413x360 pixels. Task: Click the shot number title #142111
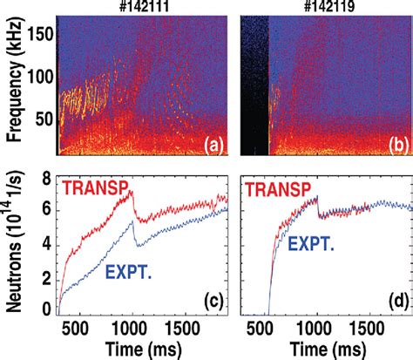[x=140, y=7]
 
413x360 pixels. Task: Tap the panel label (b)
[x=391, y=142]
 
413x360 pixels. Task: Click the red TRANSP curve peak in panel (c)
[x=132, y=193]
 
